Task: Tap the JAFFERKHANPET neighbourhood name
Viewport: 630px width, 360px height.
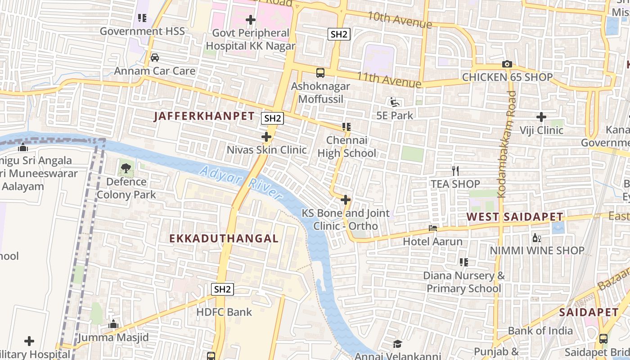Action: click(x=204, y=116)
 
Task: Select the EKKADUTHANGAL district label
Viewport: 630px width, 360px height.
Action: click(x=224, y=238)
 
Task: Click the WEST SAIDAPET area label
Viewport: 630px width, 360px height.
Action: click(x=514, y=217)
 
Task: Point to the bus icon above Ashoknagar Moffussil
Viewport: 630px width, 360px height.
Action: click(x=320, y=72)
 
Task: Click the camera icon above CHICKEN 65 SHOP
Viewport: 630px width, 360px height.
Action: click(x=507, y=64)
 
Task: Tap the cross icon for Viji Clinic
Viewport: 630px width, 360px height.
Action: click(x=541, y=117)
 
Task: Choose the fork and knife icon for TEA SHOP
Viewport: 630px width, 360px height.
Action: click(x=455, y=171)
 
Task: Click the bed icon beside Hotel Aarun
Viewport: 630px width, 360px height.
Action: click(x=433, y=228)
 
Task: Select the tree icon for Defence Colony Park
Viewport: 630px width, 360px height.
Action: click(x=126, y=169)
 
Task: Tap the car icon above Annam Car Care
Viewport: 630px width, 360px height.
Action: click(x=155, y=58)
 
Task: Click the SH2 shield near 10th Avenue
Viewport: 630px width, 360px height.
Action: click(x=338, y=34)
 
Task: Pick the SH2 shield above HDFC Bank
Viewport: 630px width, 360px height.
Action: click(x=222, y=289)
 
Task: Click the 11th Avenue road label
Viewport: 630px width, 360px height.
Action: click(x=389, y=80)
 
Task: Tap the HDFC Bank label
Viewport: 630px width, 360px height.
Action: click(x=224, y=312)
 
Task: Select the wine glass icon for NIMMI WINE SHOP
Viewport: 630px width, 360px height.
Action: click(x=536, y=238)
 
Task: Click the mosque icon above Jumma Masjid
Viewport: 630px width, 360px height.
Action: click(x=113, y=324)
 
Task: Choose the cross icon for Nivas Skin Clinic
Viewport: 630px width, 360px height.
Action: click(x=266, y=136)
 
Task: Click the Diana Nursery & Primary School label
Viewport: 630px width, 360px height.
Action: click(x=463, y=282)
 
